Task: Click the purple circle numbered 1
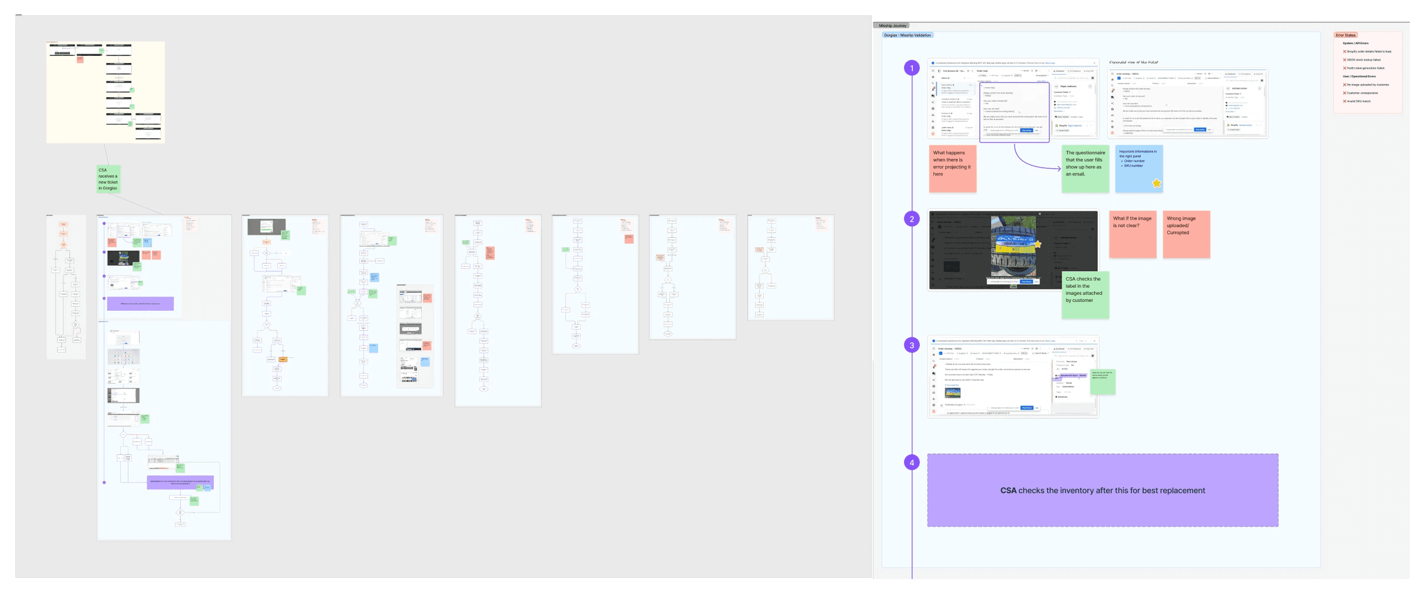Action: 912,68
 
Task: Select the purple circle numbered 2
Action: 912,219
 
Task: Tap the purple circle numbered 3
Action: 912,345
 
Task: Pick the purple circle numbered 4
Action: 912,463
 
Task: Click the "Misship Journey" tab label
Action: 892,26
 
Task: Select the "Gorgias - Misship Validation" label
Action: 907,35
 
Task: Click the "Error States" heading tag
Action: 1346,35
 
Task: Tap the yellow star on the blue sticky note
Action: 1157,183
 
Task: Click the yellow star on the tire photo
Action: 1038,244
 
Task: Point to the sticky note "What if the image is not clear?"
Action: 1132,234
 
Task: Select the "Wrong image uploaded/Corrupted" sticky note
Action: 1186,234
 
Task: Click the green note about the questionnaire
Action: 1085,168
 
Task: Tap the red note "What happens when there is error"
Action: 952,168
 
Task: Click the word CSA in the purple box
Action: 1008,491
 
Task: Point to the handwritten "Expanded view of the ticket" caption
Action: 1134,62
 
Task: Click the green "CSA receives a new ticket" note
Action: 108,179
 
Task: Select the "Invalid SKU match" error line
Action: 1359,101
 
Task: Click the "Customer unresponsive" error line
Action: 1362,93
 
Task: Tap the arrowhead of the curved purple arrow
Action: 1059,169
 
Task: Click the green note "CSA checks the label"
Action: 1085,294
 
